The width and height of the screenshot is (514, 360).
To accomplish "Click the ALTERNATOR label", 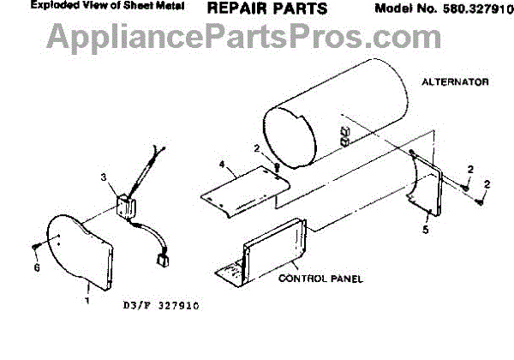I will (455, 82).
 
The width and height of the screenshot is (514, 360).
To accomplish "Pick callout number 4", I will (221, 163).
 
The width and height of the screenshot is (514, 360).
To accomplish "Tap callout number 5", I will (426, 229).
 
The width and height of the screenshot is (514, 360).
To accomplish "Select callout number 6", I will (35, 267).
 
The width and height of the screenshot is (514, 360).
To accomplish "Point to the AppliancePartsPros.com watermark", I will (244, 36).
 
